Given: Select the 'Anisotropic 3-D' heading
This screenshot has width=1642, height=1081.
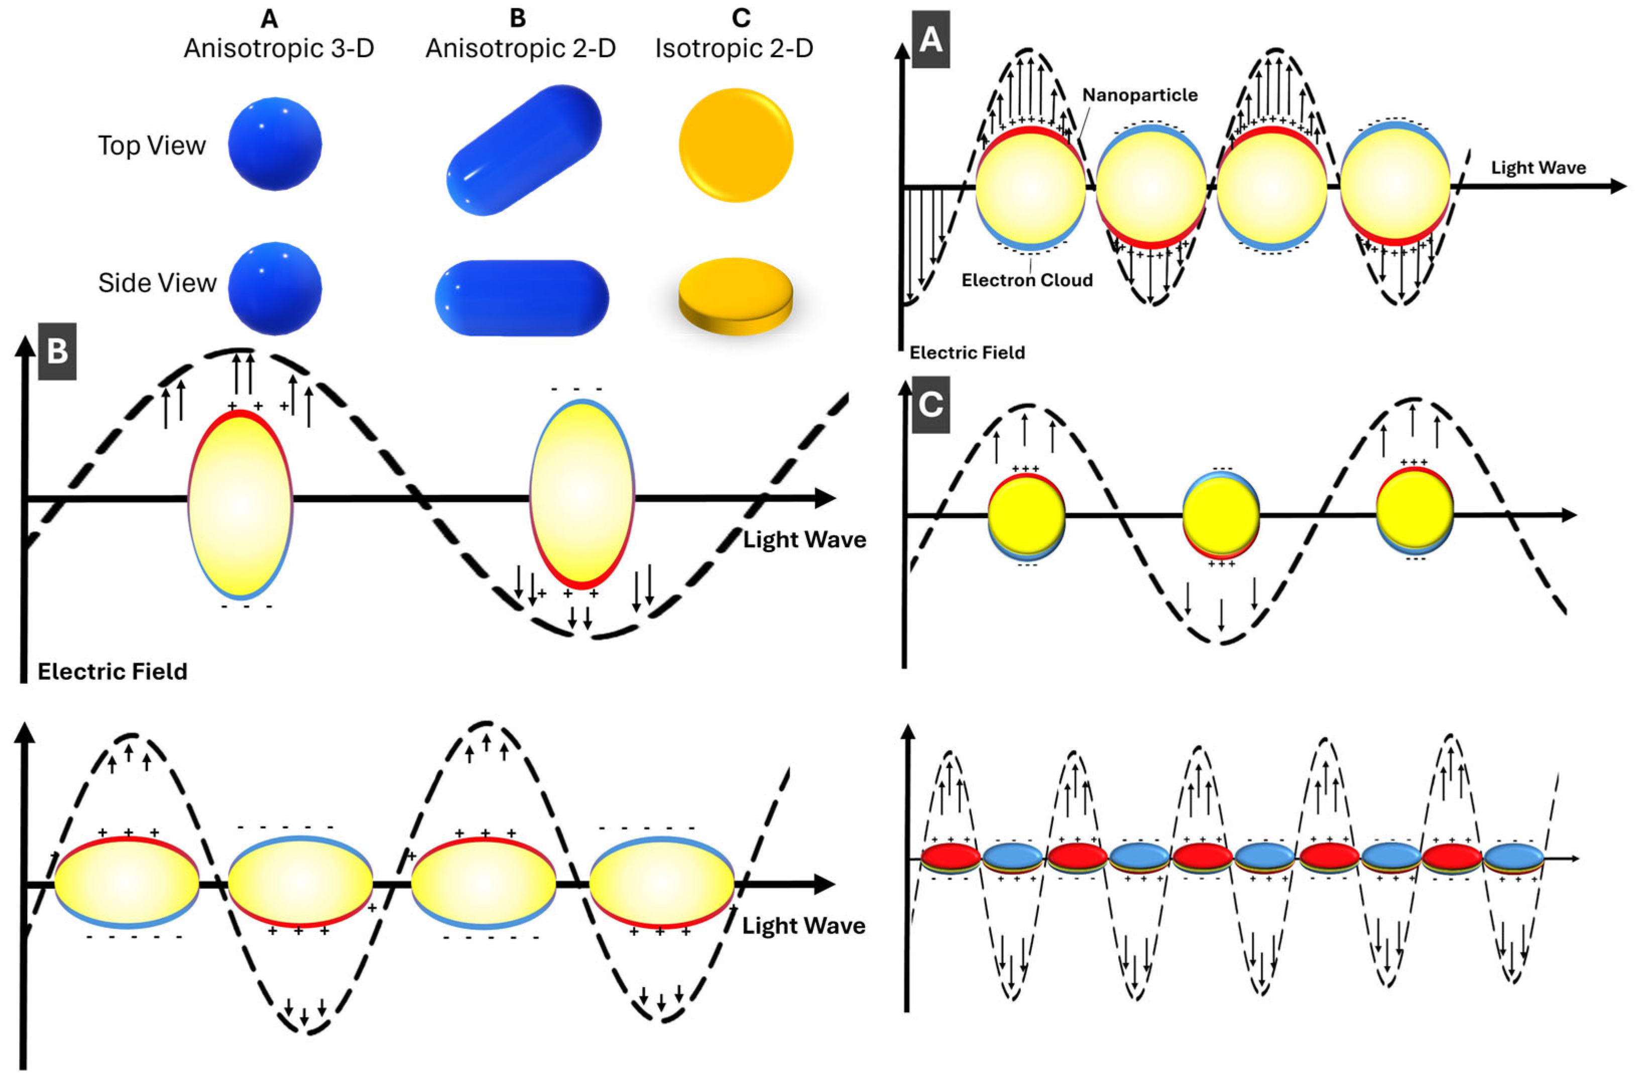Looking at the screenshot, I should coord(279,48).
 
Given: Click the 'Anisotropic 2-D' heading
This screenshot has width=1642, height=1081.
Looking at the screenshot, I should coord(520,48).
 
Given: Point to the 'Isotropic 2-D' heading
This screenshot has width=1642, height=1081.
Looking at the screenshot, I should coord(734,48).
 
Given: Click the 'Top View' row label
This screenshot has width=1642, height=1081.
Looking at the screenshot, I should coord(152,146).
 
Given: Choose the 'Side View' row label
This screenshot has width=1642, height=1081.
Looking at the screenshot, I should coord(157,283).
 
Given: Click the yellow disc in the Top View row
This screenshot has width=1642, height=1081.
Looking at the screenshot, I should coord(736,145).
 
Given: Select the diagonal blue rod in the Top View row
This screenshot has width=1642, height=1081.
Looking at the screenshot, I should coord(524,150).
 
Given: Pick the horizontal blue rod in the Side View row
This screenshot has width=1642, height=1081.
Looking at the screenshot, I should coord(522,298).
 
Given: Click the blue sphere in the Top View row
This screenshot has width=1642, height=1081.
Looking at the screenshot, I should coord(275,144).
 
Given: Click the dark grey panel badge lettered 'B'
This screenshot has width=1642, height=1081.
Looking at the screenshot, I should coord(57,351).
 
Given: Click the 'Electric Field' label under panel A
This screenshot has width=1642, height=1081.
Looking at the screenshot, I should coord(967,353).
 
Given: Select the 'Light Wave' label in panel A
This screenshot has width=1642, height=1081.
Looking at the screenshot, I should coord(1538,168).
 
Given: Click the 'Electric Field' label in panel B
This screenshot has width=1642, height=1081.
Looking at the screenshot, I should coord(112,672).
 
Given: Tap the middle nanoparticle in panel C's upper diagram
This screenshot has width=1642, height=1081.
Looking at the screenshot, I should coord(1221,515).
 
